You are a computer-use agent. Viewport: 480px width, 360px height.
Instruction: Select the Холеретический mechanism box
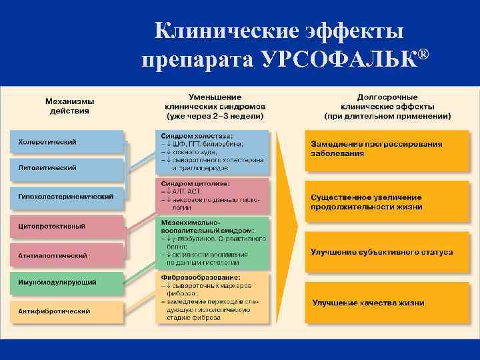[x=67, y=142]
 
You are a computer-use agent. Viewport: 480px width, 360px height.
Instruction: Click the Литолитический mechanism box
[x=67, y=168]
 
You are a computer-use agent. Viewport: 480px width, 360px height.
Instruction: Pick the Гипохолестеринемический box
[x=67, y=197]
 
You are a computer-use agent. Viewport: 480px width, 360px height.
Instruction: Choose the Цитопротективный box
[x=67, y=226]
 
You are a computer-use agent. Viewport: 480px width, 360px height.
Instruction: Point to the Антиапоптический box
[x=67, y=255]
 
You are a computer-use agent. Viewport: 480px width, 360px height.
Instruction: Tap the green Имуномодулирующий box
[x=67, y=283]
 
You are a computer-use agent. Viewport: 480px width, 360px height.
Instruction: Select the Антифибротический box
[x=67, y=311]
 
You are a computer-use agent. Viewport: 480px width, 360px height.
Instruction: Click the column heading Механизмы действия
[x=69, y=106]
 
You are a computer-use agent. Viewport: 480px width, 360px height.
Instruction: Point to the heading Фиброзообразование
[x=201, y=277]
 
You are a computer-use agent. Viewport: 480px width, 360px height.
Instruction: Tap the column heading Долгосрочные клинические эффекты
[x=387, y=106]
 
